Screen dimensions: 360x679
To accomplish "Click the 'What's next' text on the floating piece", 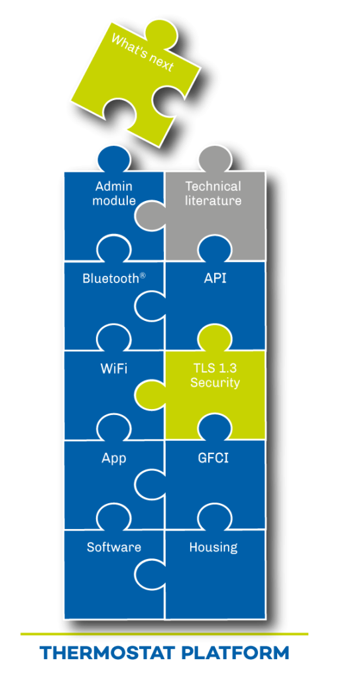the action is pos(142,53).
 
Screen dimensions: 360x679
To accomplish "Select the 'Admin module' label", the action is pos(113,194).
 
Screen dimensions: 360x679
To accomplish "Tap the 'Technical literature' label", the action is pos(213,194).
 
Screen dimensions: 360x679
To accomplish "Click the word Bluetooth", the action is pos(111,278).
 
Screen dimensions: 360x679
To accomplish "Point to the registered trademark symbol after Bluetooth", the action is pos(143,275).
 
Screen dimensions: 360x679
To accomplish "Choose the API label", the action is pos(215,278).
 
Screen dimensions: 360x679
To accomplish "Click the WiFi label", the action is pos(113,369).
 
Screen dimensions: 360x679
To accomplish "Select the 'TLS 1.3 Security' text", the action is pos(215,377).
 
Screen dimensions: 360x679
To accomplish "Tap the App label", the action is pos(113,459).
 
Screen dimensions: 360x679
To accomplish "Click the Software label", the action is pos(114,547).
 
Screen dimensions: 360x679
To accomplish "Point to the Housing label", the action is pos(213,547).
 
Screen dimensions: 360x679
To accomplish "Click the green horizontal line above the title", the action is pos(164,634).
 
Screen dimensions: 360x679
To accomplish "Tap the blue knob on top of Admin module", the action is pos(114,159).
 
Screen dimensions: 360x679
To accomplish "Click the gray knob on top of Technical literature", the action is pos(215,159).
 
